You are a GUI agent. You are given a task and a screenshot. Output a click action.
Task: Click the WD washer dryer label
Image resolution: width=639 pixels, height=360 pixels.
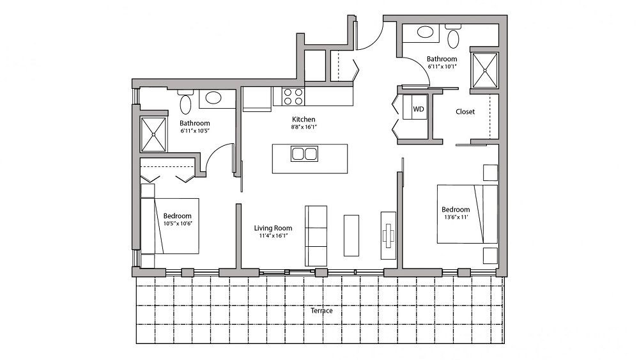click(x=419, y=109)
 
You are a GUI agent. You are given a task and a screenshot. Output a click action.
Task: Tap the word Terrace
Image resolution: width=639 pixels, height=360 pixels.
click(x=321, y=311)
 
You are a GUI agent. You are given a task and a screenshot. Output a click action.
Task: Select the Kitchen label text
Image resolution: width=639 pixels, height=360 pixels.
click(x=304, y=120)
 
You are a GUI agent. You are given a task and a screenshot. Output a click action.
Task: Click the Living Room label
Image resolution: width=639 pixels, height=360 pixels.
click(x=273, y=228)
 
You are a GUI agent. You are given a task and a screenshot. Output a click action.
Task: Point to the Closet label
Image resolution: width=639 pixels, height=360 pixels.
click(x=465, y=112)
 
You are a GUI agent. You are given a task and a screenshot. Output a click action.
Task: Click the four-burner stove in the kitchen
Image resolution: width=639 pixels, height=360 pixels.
click(x=293, y=97)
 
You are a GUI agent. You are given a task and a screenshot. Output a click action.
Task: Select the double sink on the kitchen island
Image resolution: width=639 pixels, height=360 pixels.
click(x=304, y=154)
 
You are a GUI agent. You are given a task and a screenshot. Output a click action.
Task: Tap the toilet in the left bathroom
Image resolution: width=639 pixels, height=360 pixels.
click(x=187, y=104)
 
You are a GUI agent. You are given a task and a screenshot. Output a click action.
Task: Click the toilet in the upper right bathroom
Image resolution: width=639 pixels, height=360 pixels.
click(x=454, y=38)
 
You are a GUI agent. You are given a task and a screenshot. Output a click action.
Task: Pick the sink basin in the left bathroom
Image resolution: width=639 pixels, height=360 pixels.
click(x=213, y=98)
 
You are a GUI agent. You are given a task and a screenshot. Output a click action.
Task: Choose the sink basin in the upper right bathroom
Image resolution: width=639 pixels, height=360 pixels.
click(x=424, y=32)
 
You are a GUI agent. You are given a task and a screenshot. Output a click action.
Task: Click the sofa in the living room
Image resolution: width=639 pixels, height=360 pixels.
click(x=316, y=235)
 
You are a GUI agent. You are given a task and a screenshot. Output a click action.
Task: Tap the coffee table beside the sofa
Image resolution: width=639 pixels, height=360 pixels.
click(x=351, y=235)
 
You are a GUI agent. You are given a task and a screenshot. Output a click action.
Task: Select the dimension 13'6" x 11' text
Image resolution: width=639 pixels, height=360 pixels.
click(x=456, y=218)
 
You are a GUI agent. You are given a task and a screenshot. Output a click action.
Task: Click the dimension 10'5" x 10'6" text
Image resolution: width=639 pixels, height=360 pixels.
click(x=178, y=224)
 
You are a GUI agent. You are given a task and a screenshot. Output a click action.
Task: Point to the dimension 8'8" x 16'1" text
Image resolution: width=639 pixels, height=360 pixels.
click(x=304, y=127)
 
